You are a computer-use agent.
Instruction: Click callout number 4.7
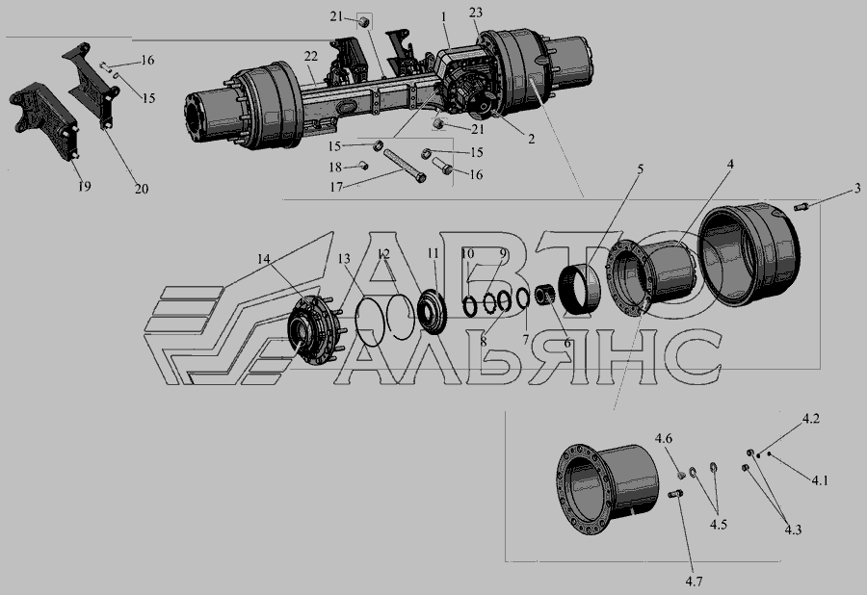tap(694, 582)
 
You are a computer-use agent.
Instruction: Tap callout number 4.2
tap(810, 419)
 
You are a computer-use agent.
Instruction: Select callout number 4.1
tap(820, 480)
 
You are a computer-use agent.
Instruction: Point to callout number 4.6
tap(664, 439)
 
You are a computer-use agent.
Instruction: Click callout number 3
tap(857, 189)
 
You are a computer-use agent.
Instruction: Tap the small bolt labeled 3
tap(801, 207)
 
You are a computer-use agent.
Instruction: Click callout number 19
tap(84, 186)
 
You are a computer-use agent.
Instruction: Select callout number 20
tap(142, 189)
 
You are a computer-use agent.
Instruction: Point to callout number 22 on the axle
tap(311, 57)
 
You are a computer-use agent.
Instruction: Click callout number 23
tap(476, 13)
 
